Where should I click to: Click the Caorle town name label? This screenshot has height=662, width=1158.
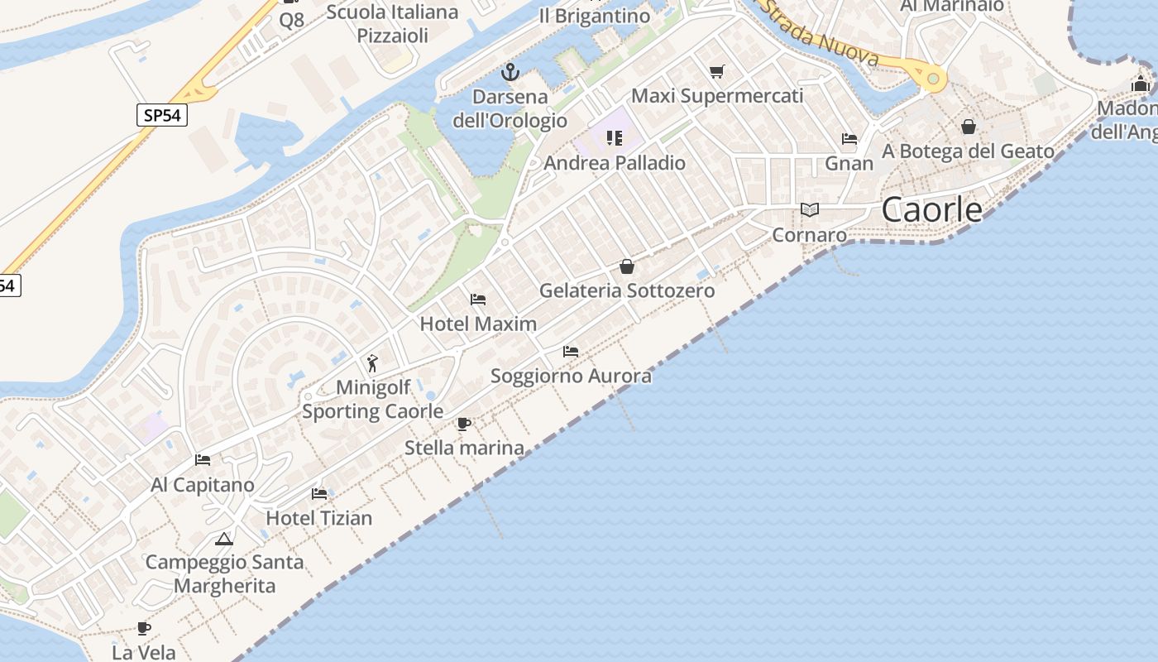[931, 209]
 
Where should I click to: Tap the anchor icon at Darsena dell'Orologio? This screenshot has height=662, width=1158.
[510, 72]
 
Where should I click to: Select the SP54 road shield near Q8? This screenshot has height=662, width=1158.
[162, 115]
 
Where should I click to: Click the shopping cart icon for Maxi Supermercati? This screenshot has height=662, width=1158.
[716, 72]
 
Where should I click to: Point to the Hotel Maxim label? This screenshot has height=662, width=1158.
[478, 324]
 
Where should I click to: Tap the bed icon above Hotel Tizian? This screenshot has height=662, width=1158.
[319, 494]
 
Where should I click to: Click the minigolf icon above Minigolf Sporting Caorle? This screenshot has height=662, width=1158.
[372, 363]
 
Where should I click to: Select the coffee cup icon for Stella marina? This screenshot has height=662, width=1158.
[464, 425]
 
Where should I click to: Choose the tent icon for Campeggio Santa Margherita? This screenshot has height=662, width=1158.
[223, 540]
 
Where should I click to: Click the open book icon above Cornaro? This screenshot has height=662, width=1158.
[810, 210]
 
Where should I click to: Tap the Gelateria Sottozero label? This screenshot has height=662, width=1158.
[627, 290]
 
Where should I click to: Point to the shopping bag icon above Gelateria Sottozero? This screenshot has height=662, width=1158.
[627, 266]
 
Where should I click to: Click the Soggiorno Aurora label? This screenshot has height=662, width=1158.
[571, 377]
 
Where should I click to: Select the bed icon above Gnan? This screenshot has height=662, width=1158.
[849, 139]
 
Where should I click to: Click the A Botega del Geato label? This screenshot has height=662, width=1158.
[968, 151]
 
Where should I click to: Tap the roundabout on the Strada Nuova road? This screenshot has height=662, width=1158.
[933, 79]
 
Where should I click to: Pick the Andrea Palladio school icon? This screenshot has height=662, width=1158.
[614, 137]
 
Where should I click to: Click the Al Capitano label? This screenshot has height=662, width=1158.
[203, 485]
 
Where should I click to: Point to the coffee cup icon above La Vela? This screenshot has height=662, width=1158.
[144, 628]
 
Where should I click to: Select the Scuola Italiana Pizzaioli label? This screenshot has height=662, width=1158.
[393, 23]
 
